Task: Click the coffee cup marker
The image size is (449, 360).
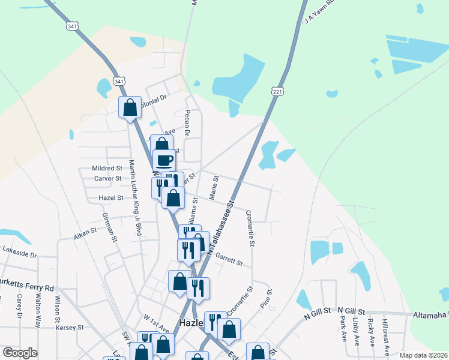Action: [165, 160]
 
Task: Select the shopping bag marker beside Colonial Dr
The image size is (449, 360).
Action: [130, 107]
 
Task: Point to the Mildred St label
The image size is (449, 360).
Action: [107, 169]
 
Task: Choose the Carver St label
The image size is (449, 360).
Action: [108, 178]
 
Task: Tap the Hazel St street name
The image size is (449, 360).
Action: [110, 197]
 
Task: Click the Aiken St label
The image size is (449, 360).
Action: [85, 232]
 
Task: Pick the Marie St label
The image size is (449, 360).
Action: [212, 187]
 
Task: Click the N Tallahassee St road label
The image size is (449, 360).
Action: [220, 226]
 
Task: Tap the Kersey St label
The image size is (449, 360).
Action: [71, 328]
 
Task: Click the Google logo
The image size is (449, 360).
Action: [20, 353]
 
